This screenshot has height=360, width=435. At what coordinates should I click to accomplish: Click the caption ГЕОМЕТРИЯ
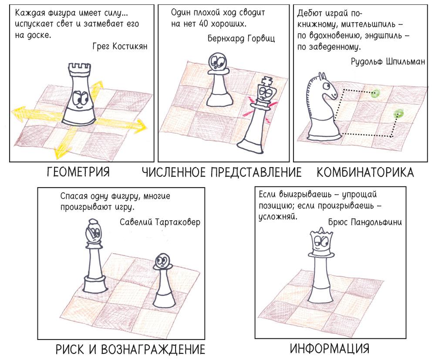[x=78, y=172]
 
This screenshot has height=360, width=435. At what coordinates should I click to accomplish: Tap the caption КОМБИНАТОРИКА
[x=365, y=172]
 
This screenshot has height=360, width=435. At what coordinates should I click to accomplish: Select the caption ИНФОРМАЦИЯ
[x=330, y=349]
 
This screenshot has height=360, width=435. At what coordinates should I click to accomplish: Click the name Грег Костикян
[x=120, y=46]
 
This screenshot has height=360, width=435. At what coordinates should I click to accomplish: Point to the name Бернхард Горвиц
[x=241, y=38]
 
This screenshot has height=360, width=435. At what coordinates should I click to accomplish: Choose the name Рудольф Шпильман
[x=388, y=61]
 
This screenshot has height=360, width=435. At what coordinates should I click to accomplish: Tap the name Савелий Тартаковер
[x=160, y=222]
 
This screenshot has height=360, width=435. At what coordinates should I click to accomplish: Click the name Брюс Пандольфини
[x=365, y=222]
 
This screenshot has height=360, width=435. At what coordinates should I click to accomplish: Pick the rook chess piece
[x=79, y=94]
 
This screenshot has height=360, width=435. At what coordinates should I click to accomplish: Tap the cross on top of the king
[x=267, y=81]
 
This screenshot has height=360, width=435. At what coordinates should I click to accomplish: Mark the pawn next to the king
[x=219, y=79]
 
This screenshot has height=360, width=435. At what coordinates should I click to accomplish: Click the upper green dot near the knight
[x=375, y=94]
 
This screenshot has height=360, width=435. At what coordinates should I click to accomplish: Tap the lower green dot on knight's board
[x=399, y=113]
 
